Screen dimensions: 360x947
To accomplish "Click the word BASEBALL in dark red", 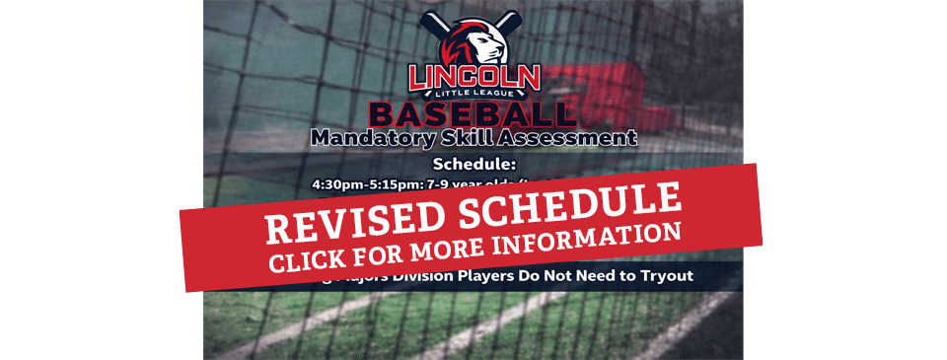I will coord(474,112).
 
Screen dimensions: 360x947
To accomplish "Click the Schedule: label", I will coord(474,164).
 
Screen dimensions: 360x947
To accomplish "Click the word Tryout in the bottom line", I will coord(665,276).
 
